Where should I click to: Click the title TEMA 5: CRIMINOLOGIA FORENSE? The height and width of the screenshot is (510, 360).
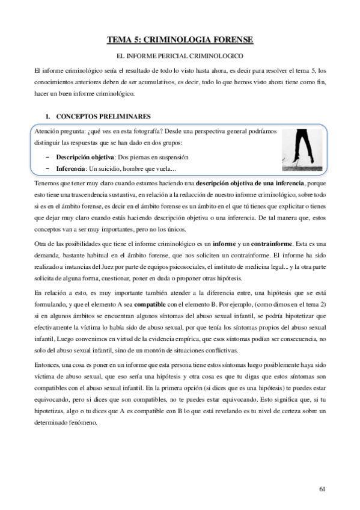pyautogui.click(x=180, y=40)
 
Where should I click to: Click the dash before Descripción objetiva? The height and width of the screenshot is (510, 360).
pyautogui.click(x=47, y=157)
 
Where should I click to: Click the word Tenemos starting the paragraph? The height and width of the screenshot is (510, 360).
pyautogui.click(x=49, y=182)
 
